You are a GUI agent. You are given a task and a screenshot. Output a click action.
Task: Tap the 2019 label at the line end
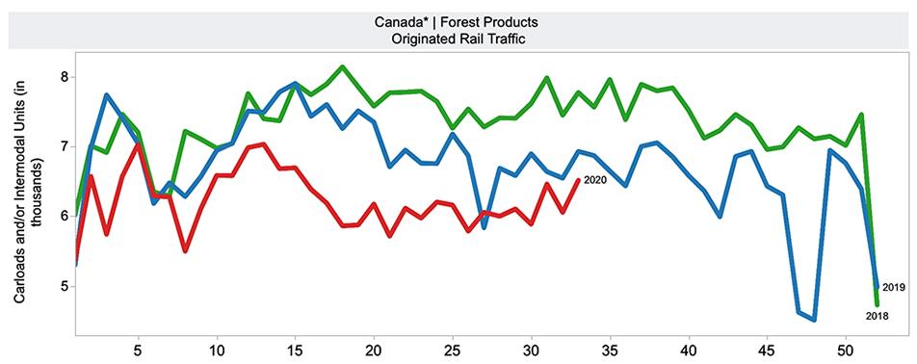click(x=892, y=288)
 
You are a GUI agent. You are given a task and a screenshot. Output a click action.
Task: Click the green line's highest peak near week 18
click(x=343, y=67)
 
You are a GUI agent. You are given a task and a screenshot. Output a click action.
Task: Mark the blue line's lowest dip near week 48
click(x=814, y=319)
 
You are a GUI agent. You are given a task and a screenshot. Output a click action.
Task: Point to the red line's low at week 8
click(x=185, y=250)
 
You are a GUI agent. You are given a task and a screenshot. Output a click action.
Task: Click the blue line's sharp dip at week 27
click(x=484, y=227)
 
